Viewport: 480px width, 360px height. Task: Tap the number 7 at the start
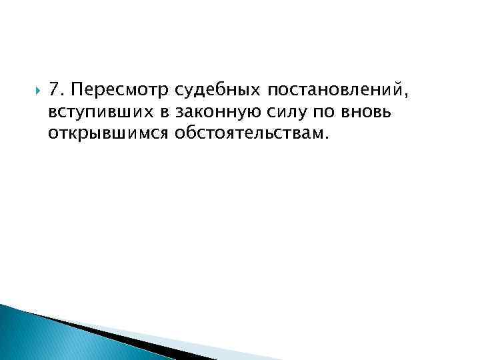pos(53,90)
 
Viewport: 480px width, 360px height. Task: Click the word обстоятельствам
pos(249,133)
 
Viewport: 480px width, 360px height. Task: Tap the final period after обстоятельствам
pos(327,137)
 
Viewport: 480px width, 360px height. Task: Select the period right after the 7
pos(61,95)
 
